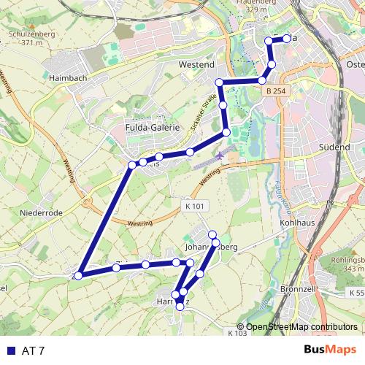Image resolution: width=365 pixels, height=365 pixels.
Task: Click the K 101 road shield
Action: pos(193,207)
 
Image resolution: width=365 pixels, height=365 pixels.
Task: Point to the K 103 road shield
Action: pos(237,333)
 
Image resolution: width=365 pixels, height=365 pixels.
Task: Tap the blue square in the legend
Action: pos(9,351)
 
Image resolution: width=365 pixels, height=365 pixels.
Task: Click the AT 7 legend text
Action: pos(34,351)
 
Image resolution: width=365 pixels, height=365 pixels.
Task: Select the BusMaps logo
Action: pos(330,350)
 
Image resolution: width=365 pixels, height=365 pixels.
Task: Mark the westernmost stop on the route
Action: pos(78,275)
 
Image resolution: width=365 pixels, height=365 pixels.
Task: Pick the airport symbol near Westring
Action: pos(221,156)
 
